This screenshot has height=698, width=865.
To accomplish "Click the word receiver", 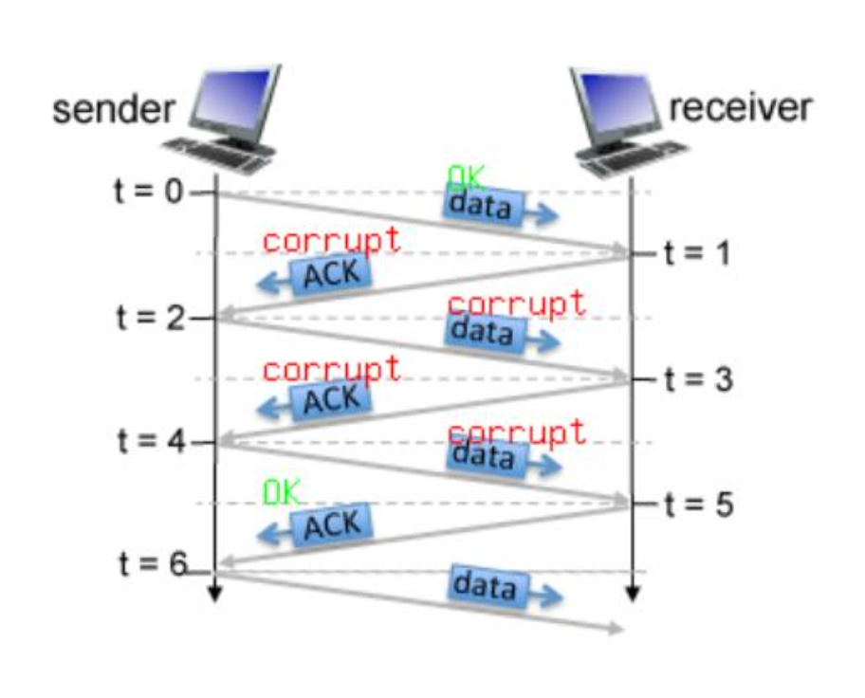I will (740, 107).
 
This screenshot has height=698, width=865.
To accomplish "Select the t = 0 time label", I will (147, 192).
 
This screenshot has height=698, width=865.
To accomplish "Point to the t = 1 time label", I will (696, 254).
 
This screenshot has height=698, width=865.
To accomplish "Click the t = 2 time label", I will (150, 317).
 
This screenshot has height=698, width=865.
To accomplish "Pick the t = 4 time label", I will (150, 441).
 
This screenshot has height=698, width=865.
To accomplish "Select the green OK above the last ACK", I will (281, 492).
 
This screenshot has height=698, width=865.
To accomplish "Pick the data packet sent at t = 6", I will (485, 585).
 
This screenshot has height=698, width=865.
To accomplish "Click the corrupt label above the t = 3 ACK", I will (331, 368).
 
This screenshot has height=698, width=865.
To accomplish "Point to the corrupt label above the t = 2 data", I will (516, 303).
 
